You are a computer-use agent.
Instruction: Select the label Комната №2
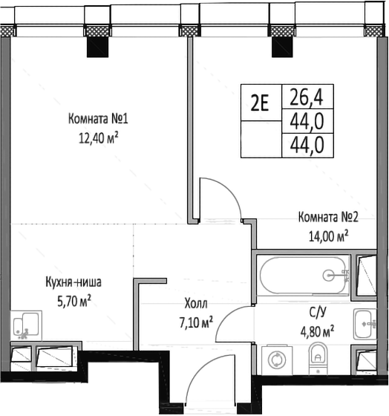coord(328,218)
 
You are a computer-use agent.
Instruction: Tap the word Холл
coord(197,304)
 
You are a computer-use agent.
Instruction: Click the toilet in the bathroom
coord(318,359)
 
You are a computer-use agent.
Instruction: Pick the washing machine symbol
coord(276,358)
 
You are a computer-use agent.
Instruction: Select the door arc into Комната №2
coord(223,197)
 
